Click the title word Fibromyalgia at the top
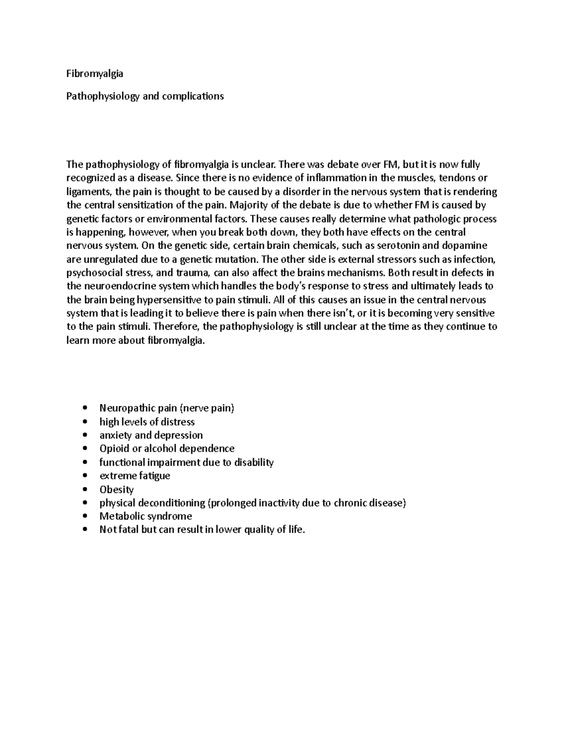click(94, 74)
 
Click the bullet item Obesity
click(117, 489)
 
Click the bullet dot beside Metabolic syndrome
click(84, 516)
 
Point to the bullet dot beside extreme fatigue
click(84, 476)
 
